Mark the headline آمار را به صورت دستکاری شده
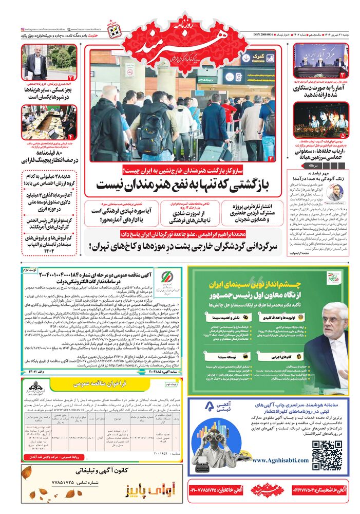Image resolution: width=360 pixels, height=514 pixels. pos(321,92)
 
